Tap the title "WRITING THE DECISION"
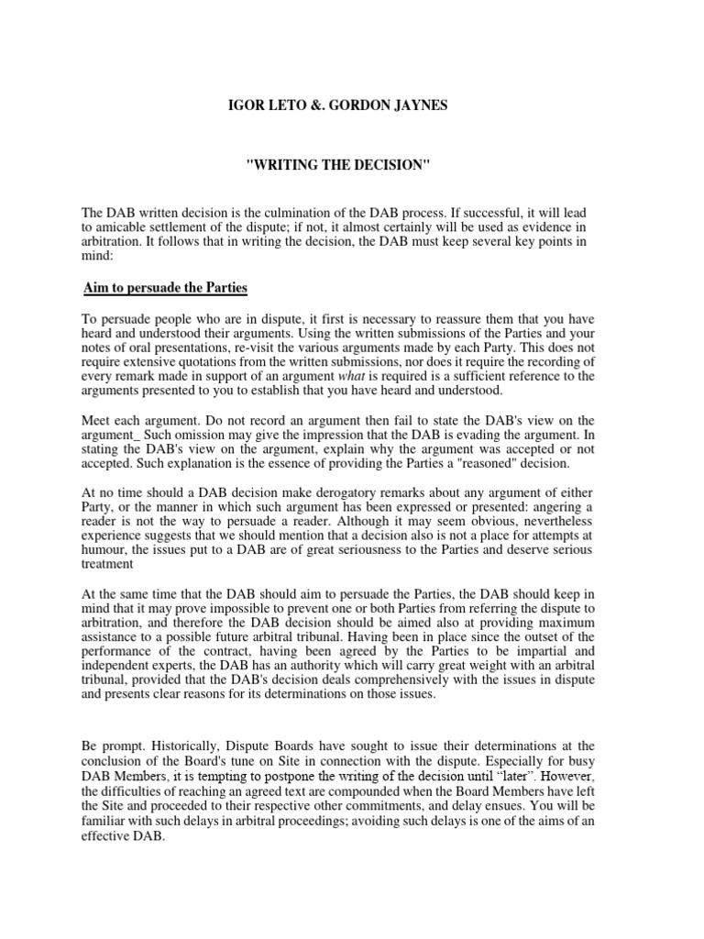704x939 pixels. [352, 163]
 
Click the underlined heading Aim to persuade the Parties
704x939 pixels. [165, 288]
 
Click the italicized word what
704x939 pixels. [324, 376]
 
